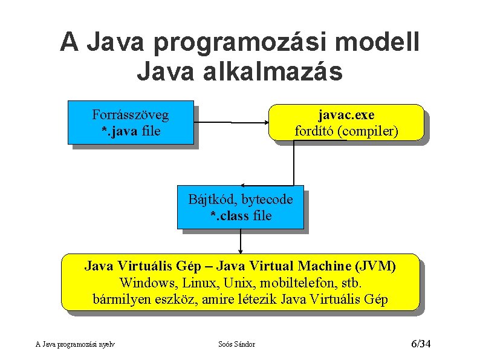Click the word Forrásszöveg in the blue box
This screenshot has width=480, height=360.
(130, 114)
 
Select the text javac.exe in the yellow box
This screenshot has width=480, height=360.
(346, 114)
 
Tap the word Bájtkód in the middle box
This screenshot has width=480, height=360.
(212, 200)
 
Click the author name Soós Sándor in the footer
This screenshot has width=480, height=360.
(236, 344)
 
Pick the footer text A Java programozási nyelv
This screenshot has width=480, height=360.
(76, 344)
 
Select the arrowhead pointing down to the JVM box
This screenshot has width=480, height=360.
(241, 250)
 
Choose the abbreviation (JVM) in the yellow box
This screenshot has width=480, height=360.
(375, 266)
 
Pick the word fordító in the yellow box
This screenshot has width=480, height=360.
(314, 131)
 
